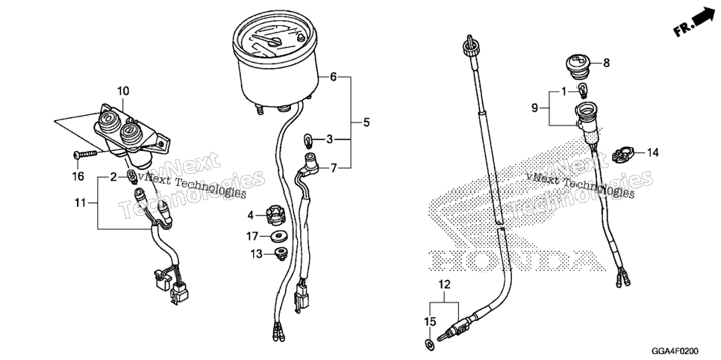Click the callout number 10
point(122,90)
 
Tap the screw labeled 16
point(85,154)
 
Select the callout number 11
point(81,202)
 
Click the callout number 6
point(334,77)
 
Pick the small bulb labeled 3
point(308,138)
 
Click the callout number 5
point(366,122)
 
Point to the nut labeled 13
point(280,253)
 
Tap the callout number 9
point(534,108)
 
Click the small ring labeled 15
point(428,343)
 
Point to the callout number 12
point(445,285)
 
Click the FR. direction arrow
point(694,22)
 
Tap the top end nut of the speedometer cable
point(471,45)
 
